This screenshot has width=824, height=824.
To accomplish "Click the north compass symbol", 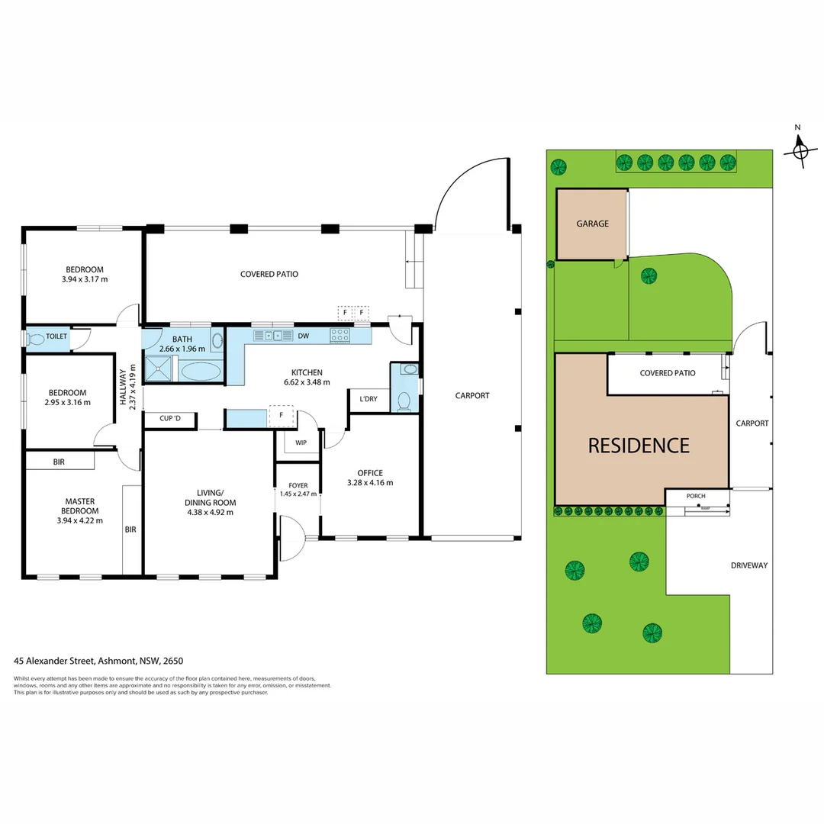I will point(800,150).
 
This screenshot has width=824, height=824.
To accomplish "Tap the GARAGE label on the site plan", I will point(592,224).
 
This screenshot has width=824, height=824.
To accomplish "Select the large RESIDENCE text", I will point(639,446).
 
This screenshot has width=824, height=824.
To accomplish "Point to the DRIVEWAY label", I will point(748,565).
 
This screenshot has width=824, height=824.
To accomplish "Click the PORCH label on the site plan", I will point(696,496).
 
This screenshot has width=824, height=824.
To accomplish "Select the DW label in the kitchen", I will point(303,335).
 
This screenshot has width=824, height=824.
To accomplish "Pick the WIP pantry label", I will point(301,442).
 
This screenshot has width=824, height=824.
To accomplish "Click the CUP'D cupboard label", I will point(170,418).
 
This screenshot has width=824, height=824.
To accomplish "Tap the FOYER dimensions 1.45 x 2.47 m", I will point(298,494).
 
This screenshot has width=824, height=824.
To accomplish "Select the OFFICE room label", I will point(370,473).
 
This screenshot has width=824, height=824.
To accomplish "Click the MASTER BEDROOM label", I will point(80,506).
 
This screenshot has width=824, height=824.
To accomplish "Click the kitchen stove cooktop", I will point(340,334).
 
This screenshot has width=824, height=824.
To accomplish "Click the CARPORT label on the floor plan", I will point(472,395).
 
